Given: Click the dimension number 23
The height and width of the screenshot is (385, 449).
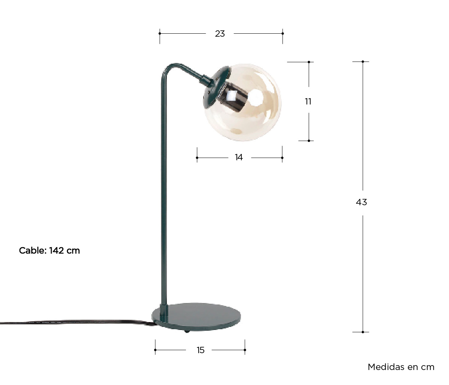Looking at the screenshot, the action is click(220, 34).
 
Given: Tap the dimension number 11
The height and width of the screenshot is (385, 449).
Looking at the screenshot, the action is click(308, 101).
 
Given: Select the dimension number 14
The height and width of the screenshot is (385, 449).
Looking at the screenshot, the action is click(239, 157).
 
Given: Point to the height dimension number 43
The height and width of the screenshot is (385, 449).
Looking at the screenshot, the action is click(361, 202).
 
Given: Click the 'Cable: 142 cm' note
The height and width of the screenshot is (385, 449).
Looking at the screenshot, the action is click(49, 251).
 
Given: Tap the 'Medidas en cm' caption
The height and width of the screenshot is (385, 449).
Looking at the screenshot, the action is click(401, 367).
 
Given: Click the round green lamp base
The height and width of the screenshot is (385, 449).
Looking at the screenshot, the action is click(196, 317).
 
